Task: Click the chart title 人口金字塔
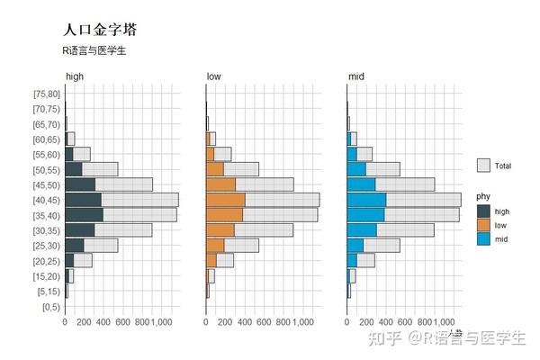pos(100,31)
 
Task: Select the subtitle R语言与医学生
pos(95,50)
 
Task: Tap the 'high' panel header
pos(75,77)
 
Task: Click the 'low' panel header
pos(213,77)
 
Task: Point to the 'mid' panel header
pos(355,77)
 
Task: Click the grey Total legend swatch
pos(483,166)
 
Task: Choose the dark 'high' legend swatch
pos(483,211)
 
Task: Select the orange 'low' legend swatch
pos(483,225)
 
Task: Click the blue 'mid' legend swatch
pos(483,238)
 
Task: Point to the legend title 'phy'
pos(483,197)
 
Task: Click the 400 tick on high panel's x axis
pos(103,321)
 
